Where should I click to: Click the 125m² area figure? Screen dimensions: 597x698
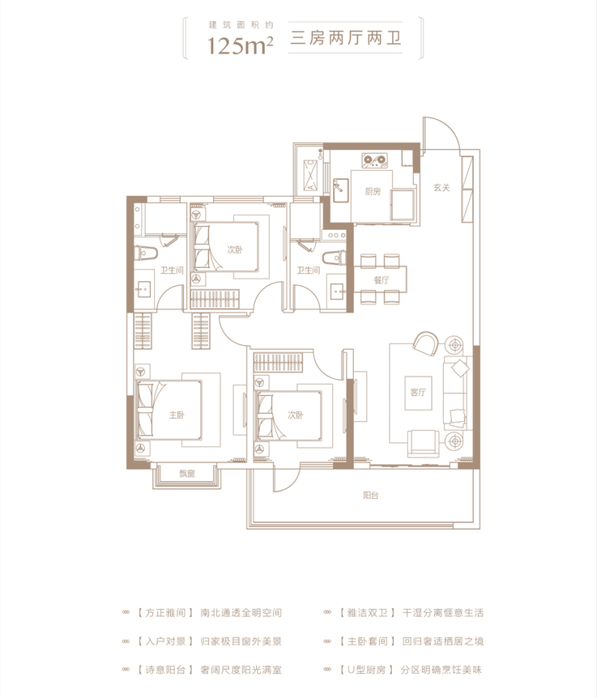(x=241, y=45)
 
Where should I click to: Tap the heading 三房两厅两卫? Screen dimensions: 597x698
(x=346, y=38)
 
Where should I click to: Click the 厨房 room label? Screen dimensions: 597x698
(x=373, y=191)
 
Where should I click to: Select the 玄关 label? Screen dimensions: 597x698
(x=441, y=188)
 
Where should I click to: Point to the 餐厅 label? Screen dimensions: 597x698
(x=382, y=280)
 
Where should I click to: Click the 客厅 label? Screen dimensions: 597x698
(x=418, y=392)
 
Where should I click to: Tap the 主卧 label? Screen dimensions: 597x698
(x=177, y=415)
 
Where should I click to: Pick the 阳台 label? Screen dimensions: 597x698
(x=371, y=495)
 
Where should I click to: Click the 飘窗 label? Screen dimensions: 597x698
(x=187, y=474)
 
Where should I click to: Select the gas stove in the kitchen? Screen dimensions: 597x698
(x=374, y=160)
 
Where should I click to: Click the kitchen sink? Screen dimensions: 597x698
(x=340, y=190)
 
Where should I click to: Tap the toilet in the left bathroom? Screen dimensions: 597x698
(x=146, y=253)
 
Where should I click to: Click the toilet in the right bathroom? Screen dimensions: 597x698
(x=334, y=258)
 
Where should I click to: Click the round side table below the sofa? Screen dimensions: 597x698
(x=454, y=441)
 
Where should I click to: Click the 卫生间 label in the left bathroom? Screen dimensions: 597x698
(x=172, y=270)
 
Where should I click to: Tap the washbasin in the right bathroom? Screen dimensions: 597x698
(x=336, y=292)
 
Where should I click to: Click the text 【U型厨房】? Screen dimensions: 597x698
(x=366, y=670)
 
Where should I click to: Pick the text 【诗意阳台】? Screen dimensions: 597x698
(x=164, y=670)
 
